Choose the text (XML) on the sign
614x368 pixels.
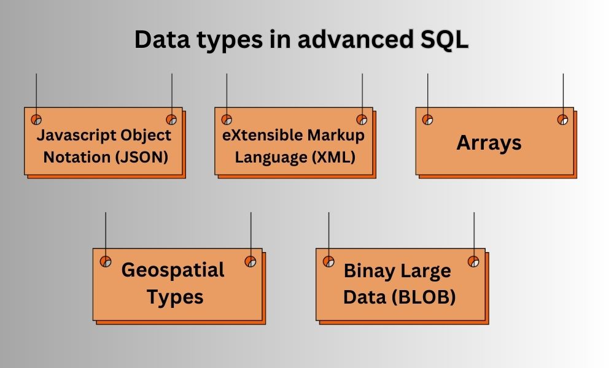[334, 157]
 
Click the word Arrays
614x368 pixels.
[489, 143]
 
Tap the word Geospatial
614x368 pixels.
[173, 270]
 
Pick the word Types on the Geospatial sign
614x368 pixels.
[175, 297]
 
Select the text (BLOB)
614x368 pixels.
[425, 297]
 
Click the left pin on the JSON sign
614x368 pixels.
[36, 120]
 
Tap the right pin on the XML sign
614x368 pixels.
[362, 120]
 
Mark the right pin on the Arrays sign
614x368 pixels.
[562, 120]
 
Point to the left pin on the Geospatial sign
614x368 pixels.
[106, 261]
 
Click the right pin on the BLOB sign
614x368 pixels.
[473, 261]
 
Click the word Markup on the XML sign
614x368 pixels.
[336, 134]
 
